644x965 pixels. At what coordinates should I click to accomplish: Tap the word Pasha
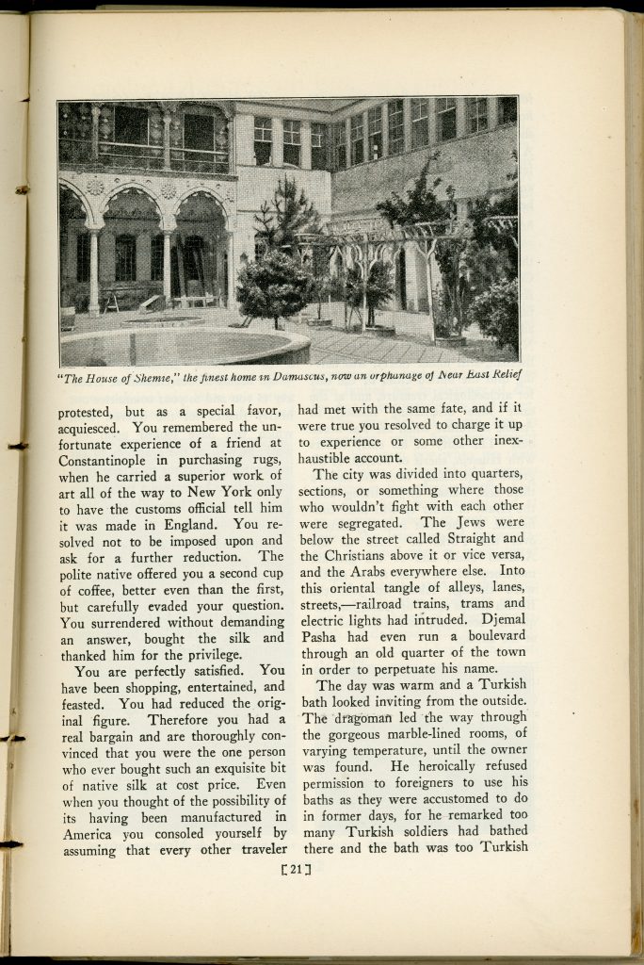324,637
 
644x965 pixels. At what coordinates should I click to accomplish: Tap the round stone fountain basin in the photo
184,347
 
